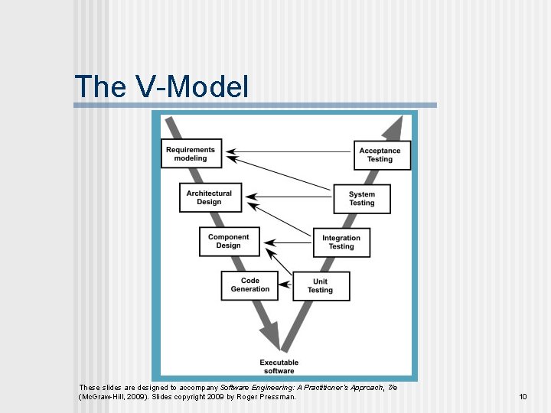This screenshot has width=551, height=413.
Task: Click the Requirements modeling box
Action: (191, 153)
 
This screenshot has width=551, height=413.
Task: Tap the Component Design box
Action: (228, 241)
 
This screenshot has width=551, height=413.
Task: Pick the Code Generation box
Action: (249, 285)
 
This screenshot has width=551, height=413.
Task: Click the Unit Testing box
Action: (320, 285)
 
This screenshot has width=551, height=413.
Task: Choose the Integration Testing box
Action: (341, 242)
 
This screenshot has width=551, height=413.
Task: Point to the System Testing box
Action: (362, 199)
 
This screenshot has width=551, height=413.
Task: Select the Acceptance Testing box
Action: (382, 154)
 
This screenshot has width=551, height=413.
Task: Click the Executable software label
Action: (279, 366)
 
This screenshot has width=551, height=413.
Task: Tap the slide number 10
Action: (523, 397)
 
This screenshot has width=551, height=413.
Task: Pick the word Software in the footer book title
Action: (237, 388)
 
